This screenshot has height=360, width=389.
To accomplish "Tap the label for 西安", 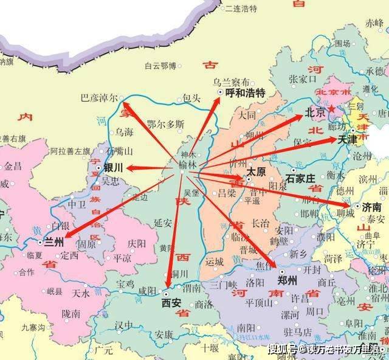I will [x=171, y=301].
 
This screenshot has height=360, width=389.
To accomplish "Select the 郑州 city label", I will [x=287, y=280].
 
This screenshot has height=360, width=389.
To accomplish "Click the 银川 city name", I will [x=113, y=167].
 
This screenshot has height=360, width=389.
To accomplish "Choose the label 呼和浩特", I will [x=245, y=93].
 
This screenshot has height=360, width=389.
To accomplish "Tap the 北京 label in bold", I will [x=315, y=113].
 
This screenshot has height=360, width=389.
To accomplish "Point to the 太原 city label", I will [x=256, y=172].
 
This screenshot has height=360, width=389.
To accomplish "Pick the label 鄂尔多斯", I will [x=165, y=124].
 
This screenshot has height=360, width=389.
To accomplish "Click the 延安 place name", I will [x=163, y=223].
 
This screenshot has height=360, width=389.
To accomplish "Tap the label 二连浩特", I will [x=241, y=9].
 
